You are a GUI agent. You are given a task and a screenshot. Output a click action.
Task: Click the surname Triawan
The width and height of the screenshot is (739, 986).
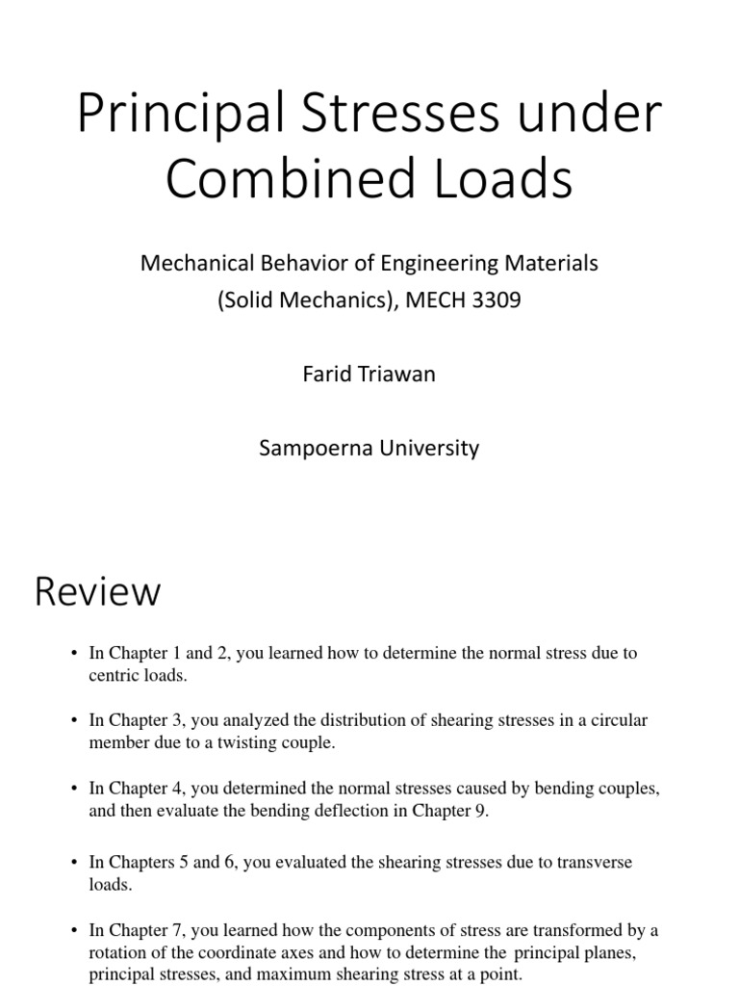click(392, 374)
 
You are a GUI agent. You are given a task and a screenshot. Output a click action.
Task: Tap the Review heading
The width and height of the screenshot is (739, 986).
click(97, 591)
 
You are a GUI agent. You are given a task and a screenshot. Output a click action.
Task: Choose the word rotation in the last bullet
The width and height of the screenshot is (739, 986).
click(116, 953)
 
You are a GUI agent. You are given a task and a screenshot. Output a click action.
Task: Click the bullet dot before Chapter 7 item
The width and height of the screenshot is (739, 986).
click(73, 931)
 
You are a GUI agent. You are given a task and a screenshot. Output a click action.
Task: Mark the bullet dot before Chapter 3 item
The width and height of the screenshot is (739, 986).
click(73, 720)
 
